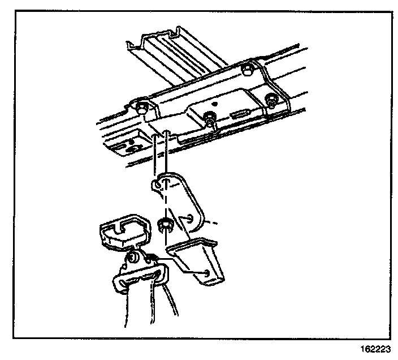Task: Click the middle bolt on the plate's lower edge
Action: point(210,119)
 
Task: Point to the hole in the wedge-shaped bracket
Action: point(209,274)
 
